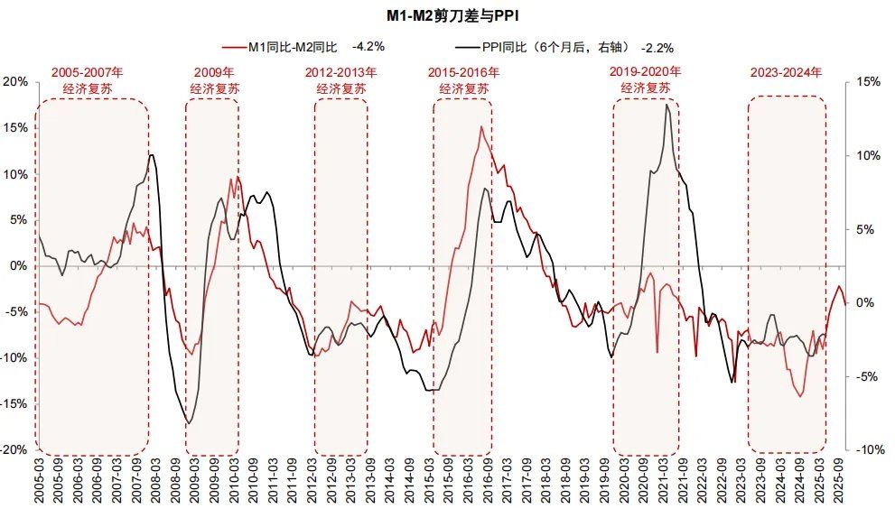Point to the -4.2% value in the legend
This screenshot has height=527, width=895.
point(369,46)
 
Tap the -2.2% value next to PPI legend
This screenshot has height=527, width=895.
point(657,47)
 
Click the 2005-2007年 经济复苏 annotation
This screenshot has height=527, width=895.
point(87,79)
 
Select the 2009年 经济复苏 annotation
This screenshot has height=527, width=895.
point(213,79)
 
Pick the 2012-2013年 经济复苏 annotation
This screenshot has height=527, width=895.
point(340,79)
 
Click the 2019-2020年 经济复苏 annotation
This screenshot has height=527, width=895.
point(645,79)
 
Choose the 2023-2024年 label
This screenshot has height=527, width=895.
point(786,72)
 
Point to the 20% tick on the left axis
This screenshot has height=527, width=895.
point(16,82)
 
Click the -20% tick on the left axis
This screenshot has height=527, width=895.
point(14,449)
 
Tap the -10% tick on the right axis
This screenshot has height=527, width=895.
point(868,449)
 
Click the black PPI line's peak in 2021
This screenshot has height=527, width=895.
point(667,105)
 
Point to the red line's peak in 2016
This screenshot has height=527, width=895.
point(481,127)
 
